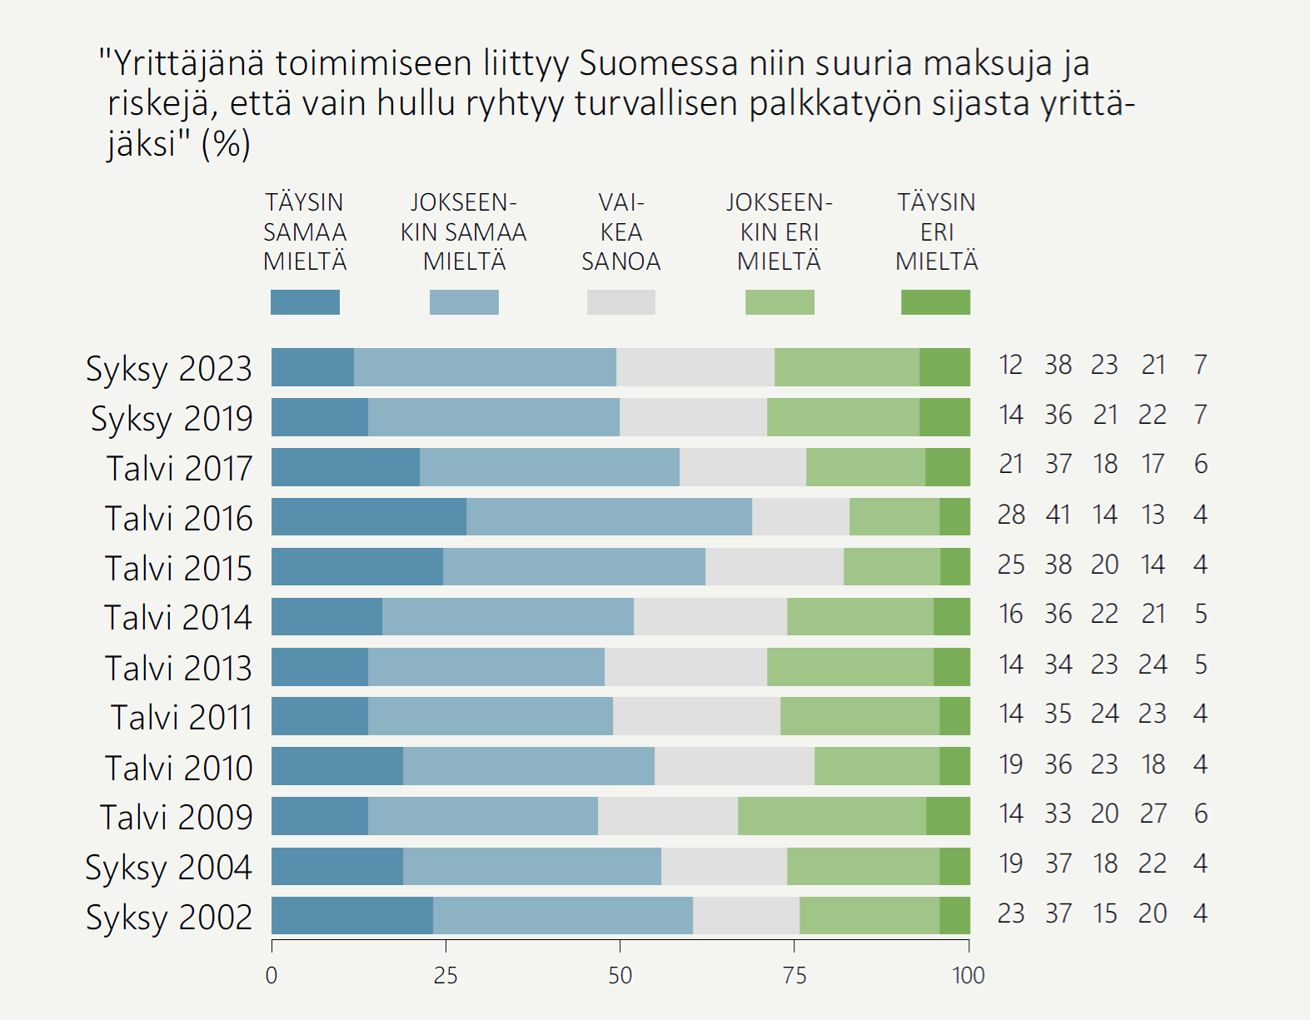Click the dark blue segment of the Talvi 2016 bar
(369, 517)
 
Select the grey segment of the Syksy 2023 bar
(695, 367)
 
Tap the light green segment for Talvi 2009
(832, 816)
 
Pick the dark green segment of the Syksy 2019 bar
(944, 417)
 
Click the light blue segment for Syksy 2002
(563, 916)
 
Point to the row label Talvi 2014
(178, 618)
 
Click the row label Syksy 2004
(169, 868)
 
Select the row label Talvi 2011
(182, 718)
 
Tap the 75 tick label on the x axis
(794, 976)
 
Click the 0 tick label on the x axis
(271, 976)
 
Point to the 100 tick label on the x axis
(969, 976)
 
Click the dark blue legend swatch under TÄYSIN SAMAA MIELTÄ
(305, 302)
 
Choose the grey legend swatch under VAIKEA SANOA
(621, 302)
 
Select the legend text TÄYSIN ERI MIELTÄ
(936, 231)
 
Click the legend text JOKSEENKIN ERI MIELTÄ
(779, 231)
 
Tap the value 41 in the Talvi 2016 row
(1058, 515)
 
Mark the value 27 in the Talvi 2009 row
(1153, 814)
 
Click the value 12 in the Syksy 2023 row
(1011, 365)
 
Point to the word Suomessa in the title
(659, 63)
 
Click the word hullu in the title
(416, 103)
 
